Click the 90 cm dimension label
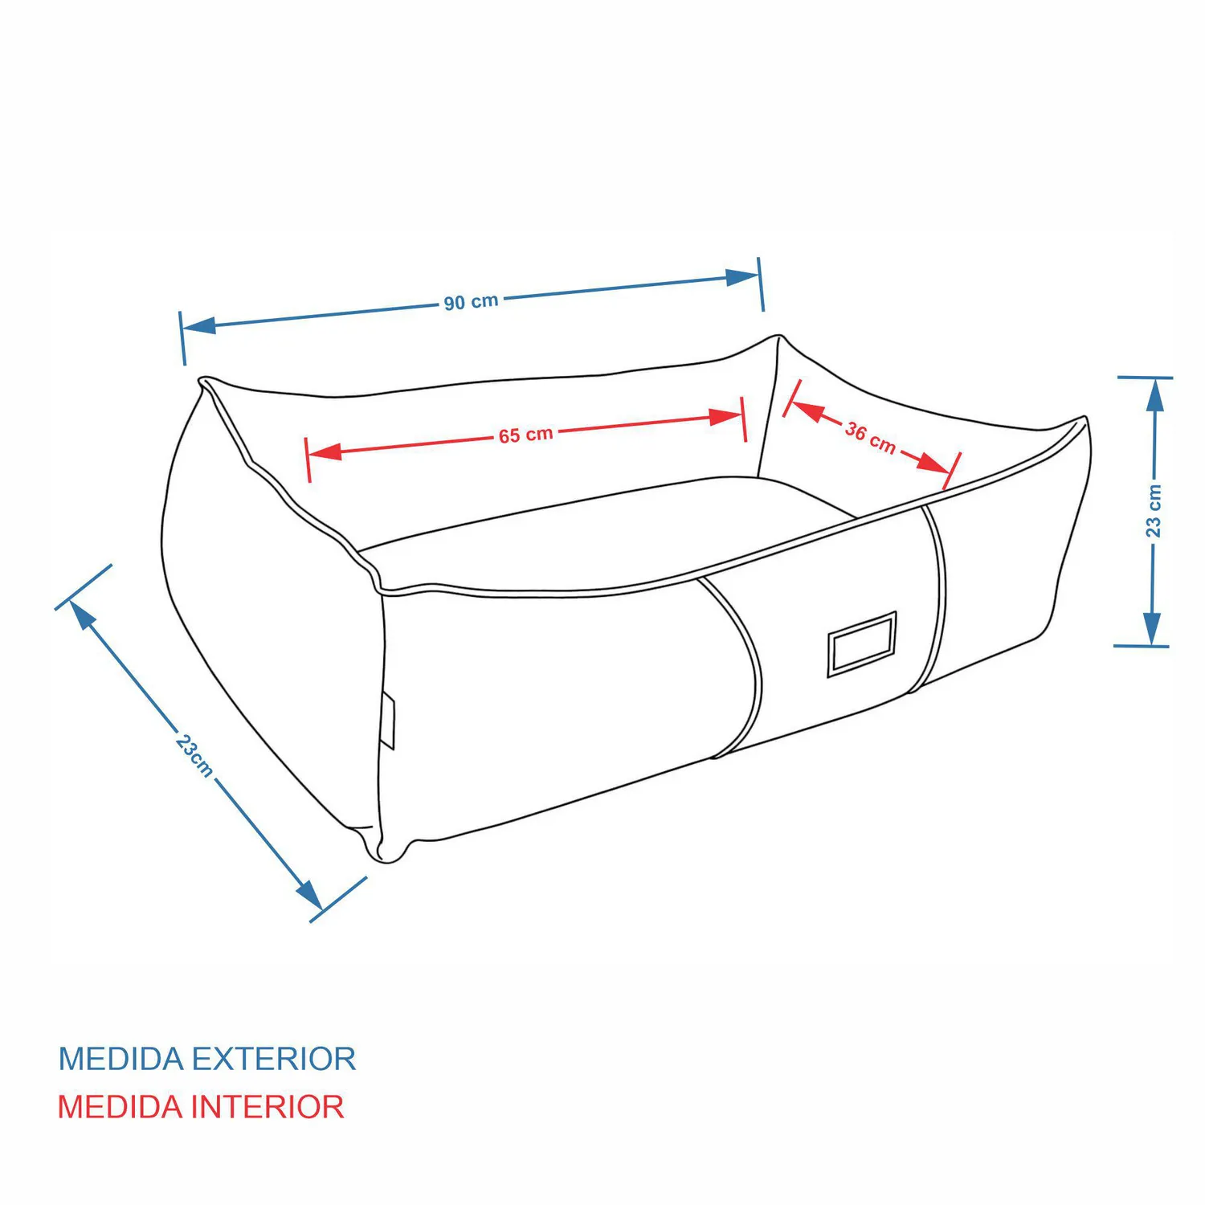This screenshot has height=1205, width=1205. (x=472, y=303)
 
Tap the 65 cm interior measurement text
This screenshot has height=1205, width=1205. (x=526, y=435)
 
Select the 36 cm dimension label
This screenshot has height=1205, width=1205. (x=870, y=438)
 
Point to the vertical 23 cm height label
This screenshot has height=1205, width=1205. (x=1154, y=510)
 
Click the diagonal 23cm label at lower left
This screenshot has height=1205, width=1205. (x=194, y=755)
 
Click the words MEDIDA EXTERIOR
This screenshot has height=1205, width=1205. (x=207, y=1059)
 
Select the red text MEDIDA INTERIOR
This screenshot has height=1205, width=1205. (x=201, y=1107)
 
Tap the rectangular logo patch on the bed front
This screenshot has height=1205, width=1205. (x=862, y=644)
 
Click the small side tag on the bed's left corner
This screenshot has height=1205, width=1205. (x=388, y=720)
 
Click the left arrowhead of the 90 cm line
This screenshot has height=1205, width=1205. (x=198, y=325)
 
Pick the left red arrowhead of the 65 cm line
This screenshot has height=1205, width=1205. (x=325, y=451)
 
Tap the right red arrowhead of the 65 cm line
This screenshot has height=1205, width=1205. (x=726, y=417)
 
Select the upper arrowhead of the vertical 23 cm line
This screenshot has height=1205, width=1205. (x=1154, y=394)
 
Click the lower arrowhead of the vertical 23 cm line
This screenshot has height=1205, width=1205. (x=1152, y=628)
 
